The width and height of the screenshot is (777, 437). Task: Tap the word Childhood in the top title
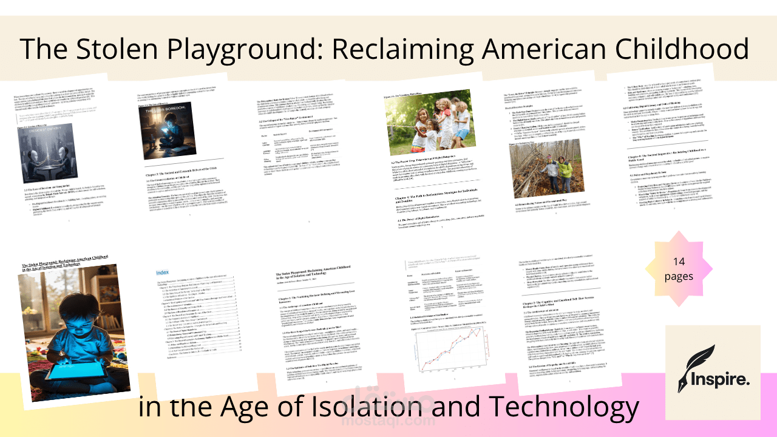pyautogui.click(x=687, y=48)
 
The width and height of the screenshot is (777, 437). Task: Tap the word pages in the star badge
pyautogui.click(x=679, y=276)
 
